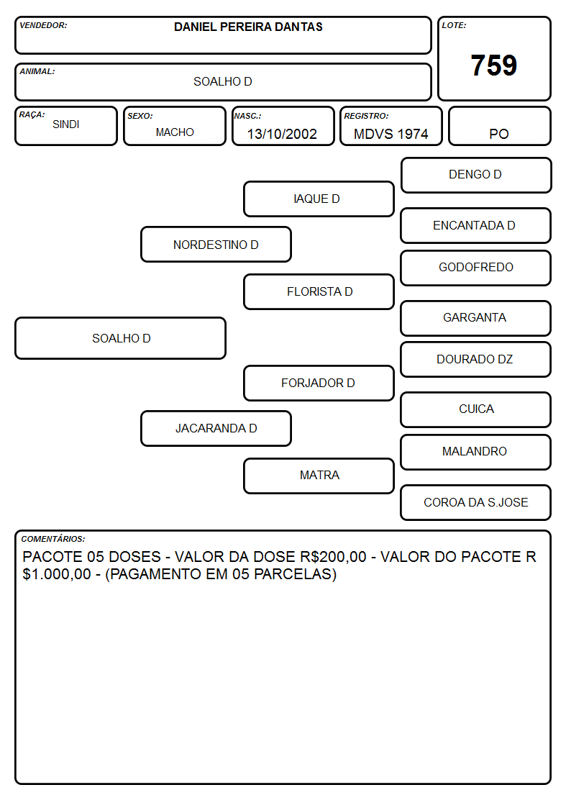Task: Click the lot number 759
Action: [x=494, y=65]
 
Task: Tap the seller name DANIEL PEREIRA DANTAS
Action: [x=248, y=27]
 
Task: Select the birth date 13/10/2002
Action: [x=282, y=134]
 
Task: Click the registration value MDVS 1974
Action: [x=390, y=134]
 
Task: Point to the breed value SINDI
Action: [x=66, y=124]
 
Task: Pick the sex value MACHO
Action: [x=175, y=132]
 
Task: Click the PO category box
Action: [x=499, y=126]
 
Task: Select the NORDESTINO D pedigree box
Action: [x=216, y=244]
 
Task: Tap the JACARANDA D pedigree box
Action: [x=216, y=428]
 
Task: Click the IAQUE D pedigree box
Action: [x=319, y=199]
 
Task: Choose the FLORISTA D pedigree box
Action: [x=319, y=291]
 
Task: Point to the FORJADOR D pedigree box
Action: [x=319, y=383]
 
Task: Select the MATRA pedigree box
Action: [x=319, y=476]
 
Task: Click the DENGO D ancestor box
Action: [x=476, y=176]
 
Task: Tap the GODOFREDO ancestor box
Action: [x=476, y=268]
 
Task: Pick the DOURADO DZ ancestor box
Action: [x=476, y=359]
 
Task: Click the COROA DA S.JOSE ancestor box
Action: [x=476, y=502]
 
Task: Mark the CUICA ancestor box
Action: [x=476, y=409]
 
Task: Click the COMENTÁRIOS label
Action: [x=53, y=539]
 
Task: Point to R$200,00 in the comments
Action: [x=333, y=556]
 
